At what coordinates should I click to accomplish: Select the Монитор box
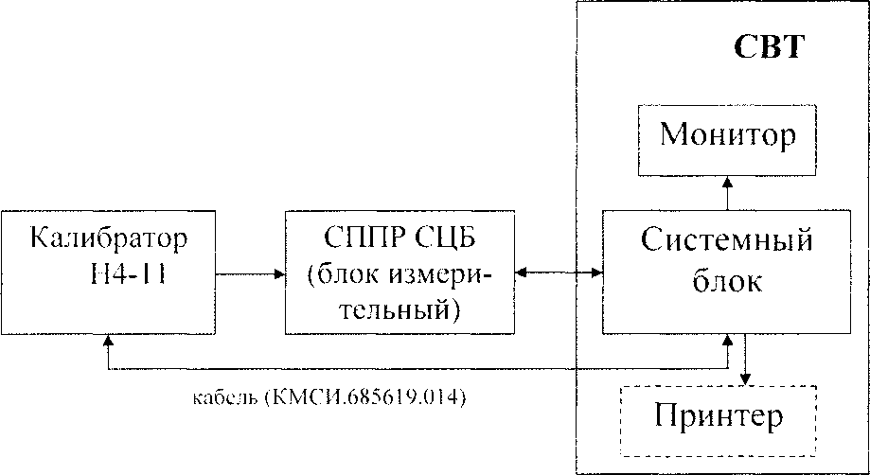point(727,136)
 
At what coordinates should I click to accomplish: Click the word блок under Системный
point(726,282)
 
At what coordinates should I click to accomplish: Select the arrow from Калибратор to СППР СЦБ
point(251,274)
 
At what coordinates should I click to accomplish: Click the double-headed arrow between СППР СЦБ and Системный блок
point(559,274)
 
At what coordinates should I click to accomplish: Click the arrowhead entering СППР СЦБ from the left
point(279,274)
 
